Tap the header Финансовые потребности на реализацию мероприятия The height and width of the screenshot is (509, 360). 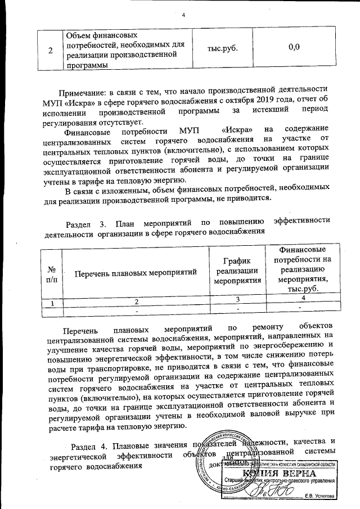303,268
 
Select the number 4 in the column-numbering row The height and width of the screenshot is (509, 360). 303,298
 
